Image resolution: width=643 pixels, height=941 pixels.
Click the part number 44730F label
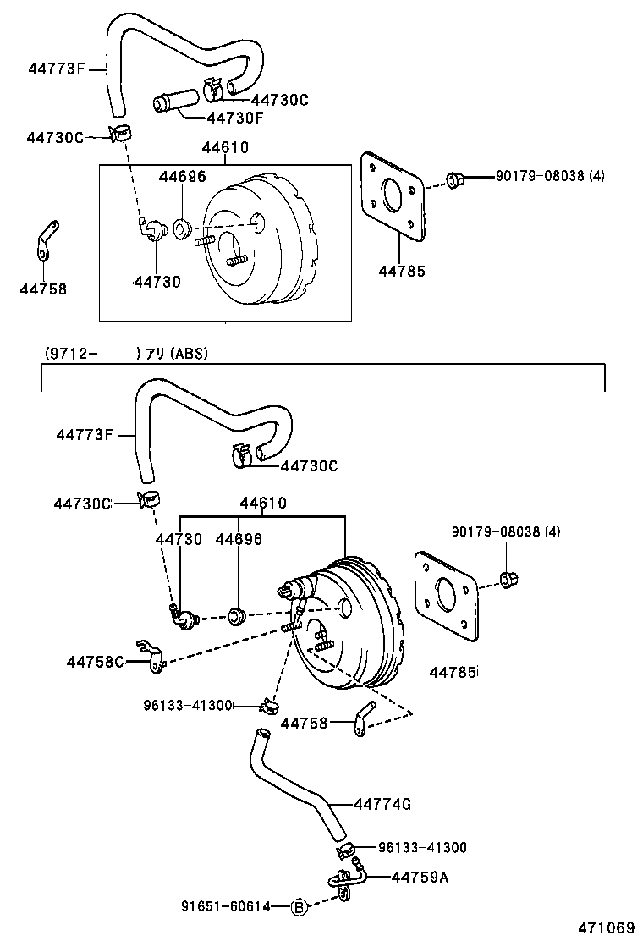tap(235, 118)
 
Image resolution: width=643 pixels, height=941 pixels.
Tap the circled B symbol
tap(298, 906)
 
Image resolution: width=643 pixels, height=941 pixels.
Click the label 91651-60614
tap(227, 906)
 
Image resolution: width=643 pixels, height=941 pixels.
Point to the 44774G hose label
tap(382, 803)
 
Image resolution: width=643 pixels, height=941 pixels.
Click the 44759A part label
tap(420, 877)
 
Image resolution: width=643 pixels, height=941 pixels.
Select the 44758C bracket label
tap(96, 661)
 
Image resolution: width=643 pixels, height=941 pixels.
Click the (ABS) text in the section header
tap(190, 355)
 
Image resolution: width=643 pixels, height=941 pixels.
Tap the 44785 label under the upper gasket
tap(402, 272)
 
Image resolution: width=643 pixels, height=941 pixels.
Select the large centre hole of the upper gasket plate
tap(393, 196)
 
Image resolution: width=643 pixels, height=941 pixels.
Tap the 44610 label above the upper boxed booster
tap(225, 147)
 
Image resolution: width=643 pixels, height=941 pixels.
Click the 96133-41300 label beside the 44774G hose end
tap(409, 847)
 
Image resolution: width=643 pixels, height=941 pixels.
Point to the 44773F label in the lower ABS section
tap(85, 435)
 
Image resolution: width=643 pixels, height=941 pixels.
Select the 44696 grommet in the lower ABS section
tap(238, 614)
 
